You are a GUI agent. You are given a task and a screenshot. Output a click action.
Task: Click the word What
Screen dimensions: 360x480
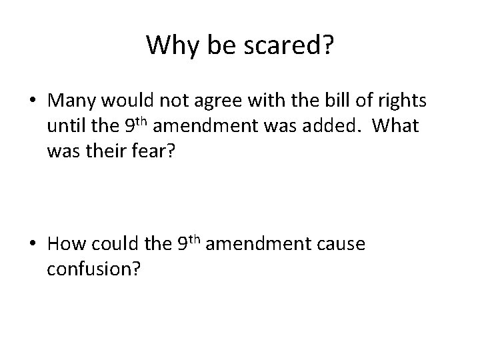coord(397,126)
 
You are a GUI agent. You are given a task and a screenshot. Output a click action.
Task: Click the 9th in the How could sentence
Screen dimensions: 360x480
coord(191,243)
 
